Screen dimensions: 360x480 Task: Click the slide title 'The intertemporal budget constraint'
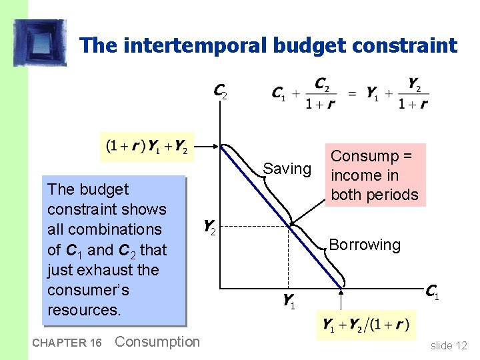pyautogui.click(x=268, y=45)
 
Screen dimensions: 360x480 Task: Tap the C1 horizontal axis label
pyautogui.click(x=432, y=291)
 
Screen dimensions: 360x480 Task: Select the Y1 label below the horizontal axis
pyautogui.click(x=288, y=302)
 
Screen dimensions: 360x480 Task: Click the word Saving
pyautogui.click(x=287, y=169)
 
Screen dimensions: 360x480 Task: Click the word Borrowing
pyautogui.click(x=365, y=245)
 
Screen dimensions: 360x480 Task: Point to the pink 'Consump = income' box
pyautogui.click(x=374, y=175)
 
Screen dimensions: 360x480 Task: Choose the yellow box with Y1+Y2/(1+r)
pyautogui.click(x=366, y=325)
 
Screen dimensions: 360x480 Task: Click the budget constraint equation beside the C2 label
pyautogui.click(x=350, y=94)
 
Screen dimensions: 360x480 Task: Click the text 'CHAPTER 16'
pyautogui.click(x=65, y=343)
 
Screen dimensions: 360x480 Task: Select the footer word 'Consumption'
pyautogui.click(x=157, y=342)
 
